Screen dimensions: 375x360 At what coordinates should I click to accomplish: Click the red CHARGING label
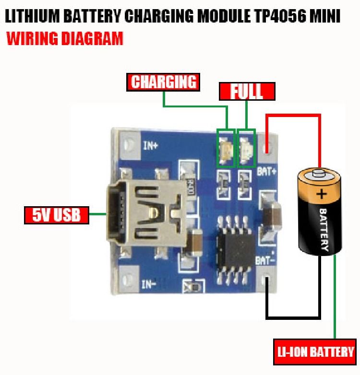click(163, 82)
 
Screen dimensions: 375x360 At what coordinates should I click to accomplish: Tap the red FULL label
click(247, 91)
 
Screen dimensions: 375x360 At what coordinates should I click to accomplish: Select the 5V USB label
click(57, 215)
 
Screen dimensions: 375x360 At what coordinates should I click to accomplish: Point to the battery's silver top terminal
click(318, 174)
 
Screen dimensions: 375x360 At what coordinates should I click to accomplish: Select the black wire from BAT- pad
click(293, 317)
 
